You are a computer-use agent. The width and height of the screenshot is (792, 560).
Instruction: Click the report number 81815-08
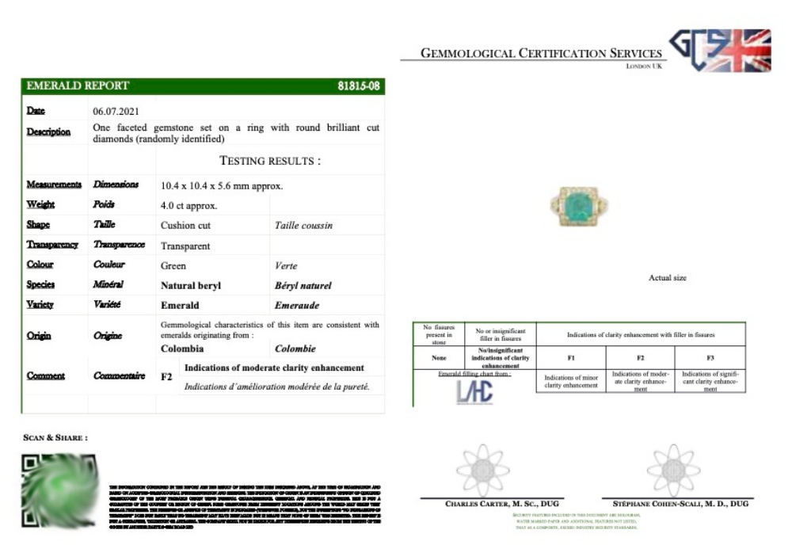359,86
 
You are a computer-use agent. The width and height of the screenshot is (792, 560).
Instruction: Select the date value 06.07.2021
116,111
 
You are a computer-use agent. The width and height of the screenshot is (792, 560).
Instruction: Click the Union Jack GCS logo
720,50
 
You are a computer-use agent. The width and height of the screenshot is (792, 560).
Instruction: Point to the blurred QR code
59,491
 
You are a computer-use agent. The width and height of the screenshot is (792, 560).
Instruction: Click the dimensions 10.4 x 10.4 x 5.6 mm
222,186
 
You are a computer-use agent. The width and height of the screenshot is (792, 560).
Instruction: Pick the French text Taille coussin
303,226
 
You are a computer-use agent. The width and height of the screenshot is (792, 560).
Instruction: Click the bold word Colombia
187,349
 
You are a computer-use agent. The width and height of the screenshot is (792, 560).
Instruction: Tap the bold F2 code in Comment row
166,377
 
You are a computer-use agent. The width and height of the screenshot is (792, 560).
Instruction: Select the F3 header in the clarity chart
710,357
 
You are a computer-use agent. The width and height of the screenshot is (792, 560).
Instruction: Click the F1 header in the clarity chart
571,357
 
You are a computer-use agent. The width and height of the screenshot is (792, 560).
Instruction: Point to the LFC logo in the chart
474,391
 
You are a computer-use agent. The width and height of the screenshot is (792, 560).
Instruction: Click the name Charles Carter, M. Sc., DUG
492,504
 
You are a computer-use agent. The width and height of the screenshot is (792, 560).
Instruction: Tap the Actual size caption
668,278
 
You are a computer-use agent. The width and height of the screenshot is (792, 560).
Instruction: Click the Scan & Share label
55,437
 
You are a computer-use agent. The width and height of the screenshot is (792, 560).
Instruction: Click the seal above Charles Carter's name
483,470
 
